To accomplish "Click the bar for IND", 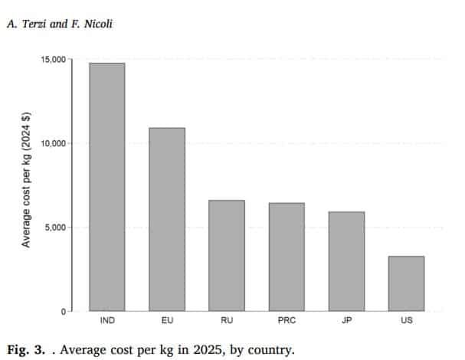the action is [x=107, y=187].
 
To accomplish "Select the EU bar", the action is [x=167, y=219].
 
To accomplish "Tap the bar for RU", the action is [x=227, y=255].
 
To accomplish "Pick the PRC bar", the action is [x=287, y=257].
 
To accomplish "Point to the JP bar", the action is [x=347, y=261].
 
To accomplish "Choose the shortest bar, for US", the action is [x=407, y=283].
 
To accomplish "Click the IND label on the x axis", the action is [x=107, y=320].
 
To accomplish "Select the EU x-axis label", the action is [x=167, y=320].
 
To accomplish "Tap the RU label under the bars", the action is [x=227, y=320].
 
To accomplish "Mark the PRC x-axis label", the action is [x=287, y=320].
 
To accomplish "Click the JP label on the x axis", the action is [x=347, y=320].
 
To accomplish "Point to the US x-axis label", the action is [x=407, y=320].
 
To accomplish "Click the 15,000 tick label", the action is [x=53, y=60].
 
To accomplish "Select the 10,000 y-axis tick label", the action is [x=53, y=143].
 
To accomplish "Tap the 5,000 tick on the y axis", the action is [x=55, y=227].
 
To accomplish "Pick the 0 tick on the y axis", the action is [x=64, y=312].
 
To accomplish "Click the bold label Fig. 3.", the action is [x=26, y=350].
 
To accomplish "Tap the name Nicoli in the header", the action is [x=98, y=24].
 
